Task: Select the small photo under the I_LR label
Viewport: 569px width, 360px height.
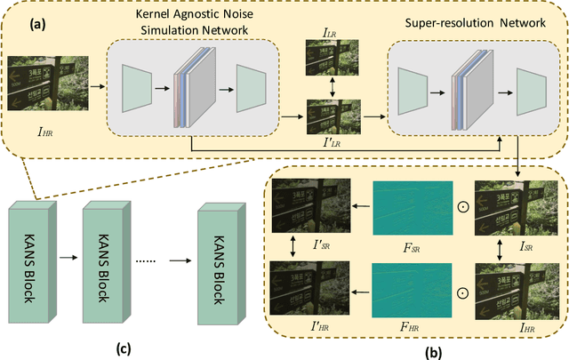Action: [329, 57]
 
